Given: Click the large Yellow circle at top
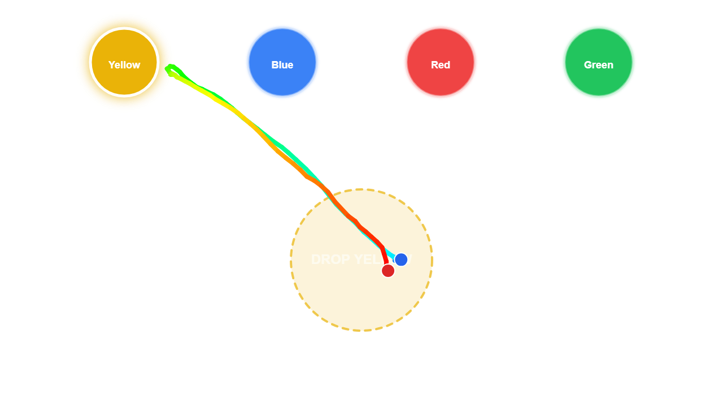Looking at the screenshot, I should point(124,62).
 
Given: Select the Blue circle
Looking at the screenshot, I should point(282,62).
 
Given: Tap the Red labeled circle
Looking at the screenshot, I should point(441,62).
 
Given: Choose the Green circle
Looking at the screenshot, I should point(599,62).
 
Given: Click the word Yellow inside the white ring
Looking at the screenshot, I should point(124,65).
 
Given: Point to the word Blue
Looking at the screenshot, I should point(282,65).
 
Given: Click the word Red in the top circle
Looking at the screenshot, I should point(441,65).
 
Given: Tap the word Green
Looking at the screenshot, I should point(599,65).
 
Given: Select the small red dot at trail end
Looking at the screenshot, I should point(388,271).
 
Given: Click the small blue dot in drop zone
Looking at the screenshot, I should point(401,259).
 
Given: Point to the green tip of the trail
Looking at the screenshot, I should point(169,68).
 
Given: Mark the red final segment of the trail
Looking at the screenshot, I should point(384,254).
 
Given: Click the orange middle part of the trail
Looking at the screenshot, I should point(294,164).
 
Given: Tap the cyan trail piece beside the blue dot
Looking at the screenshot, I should point(391,253).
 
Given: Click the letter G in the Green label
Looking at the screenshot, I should point(587,65).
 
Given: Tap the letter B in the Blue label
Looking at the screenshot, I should point(275,65).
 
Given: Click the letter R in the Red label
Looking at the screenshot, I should point(434,65).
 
